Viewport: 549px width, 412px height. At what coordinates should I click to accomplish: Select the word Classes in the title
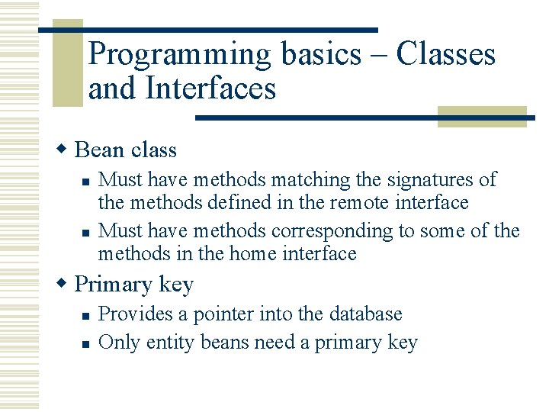pos(446,55)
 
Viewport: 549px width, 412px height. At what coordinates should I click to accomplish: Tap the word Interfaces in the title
pos(210,89)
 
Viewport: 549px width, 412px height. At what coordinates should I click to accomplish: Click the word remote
pos(363,203)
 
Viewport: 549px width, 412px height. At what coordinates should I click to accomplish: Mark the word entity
pos(172,343)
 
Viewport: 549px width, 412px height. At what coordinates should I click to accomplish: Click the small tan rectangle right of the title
pos(482,116)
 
